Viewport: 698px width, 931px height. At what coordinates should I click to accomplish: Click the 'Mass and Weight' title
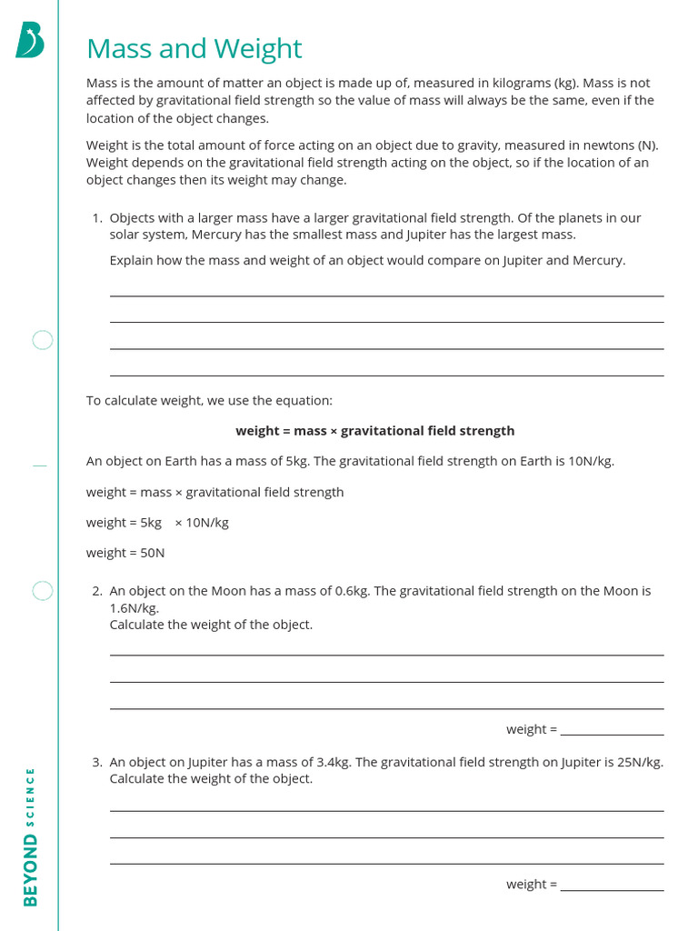pyautogui.click(x=194, y=48)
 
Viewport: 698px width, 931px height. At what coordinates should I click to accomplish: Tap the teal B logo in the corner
pyautogui.click(x=29, y=41)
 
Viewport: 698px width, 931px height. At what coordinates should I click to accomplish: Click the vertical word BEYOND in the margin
pyautogui.click(x=31, y=870)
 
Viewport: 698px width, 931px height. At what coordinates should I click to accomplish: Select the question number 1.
pyautogui.click(x=96, y=218)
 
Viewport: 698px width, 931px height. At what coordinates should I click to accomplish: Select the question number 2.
pyautogui.click(x=96, y=591)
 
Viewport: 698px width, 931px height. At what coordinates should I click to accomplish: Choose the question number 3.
pyautogui.click(x=96, y=763)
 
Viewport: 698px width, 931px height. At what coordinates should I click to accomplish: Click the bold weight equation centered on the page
pyautogui.click(x=374, y=431)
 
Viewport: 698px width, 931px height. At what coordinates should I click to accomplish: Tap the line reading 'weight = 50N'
pyautogui.click(x=125, y=553)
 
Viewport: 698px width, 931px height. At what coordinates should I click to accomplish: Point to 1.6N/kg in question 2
pyautogui.click(x=134, y=608)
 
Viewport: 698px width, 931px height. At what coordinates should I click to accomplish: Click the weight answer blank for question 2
pyautogui.click(x=612, y=729)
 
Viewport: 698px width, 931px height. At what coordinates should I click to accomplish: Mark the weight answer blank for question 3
pyautogui.click(x=612, y=884)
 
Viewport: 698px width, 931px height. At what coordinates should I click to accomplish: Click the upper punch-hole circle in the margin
pyautogui.click(x=43, y=341)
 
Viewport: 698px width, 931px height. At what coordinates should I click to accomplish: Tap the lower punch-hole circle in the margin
pyautogui.click(x=43, y=591)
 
